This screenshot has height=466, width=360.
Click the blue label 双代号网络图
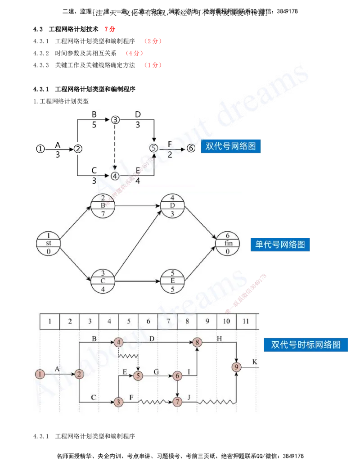coord(231,146)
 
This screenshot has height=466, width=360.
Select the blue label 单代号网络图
coord(280,244)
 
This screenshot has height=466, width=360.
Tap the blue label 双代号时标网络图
coord(306,345)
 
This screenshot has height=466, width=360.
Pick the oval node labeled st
coord(48,243)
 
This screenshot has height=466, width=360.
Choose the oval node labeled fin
coord(227,243)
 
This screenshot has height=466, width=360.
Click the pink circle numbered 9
coord(237,367)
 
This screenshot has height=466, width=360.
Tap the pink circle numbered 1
coord(40,374)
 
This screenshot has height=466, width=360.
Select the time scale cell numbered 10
coord(226,322)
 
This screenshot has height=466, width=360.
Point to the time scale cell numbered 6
coord(148,322)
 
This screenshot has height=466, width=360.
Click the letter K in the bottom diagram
coord(255,362)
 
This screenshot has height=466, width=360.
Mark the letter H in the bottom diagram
coord(219,338)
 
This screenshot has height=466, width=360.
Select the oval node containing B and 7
coord(103,206)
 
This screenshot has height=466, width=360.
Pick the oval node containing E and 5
coord(173,281)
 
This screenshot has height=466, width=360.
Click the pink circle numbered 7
coord(178,401)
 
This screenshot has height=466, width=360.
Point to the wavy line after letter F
coord(155,401)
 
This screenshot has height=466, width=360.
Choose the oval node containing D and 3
coord(173,206)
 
